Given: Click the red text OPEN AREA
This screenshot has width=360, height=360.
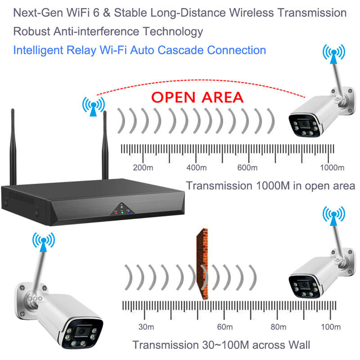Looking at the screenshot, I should click(197, 97).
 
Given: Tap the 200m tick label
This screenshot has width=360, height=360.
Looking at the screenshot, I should click(143, 168).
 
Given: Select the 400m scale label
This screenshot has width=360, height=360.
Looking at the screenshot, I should click(196, 168).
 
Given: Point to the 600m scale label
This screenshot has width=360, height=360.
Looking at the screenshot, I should click(247, 168).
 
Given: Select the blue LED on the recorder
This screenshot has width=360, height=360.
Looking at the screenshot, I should click(128, 211).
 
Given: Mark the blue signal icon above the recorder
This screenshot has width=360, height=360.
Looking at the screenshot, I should click(93, 107).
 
